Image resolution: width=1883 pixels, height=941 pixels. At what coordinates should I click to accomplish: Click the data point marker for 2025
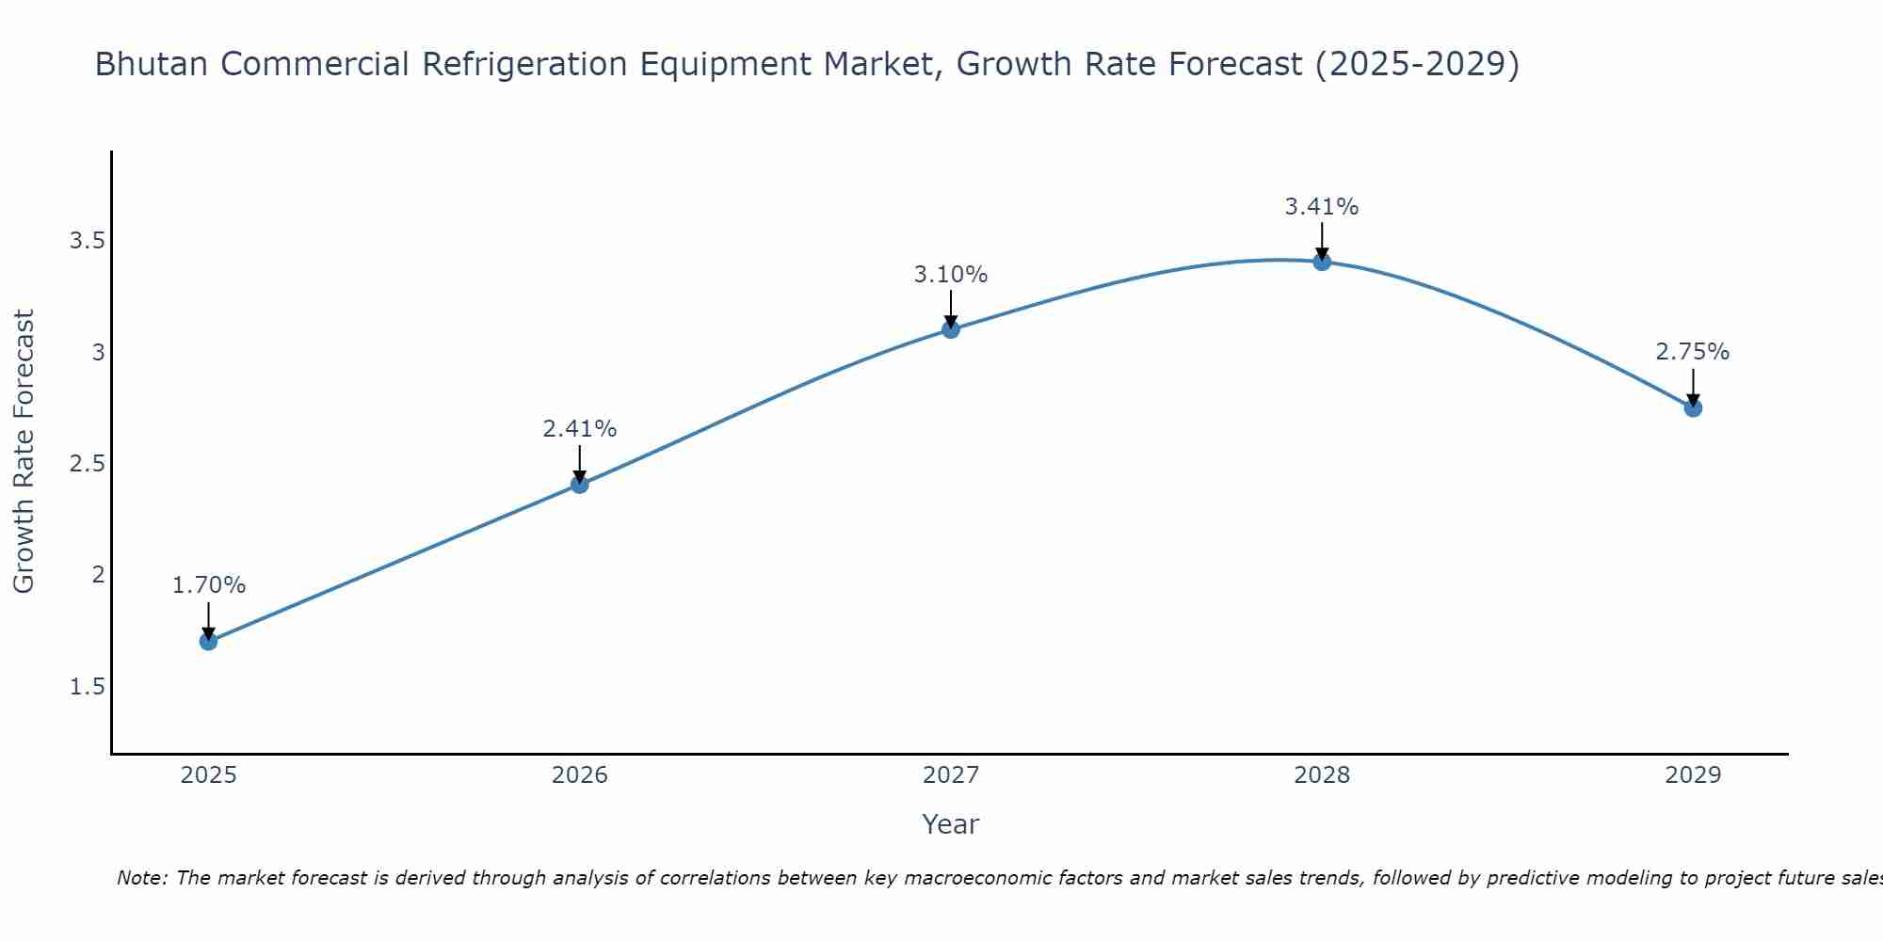[x=208, y=642]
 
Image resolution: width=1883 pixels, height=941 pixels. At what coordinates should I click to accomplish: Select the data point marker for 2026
[x=580, y=485]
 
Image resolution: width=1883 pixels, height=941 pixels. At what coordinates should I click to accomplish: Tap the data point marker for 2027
[x=951, y=329]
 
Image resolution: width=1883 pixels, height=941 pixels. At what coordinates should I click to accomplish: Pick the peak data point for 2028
[x=1322, y=262]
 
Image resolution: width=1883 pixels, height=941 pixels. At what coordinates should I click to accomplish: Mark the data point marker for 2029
[x=1693, y=408]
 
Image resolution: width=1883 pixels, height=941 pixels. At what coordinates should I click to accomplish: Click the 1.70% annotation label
[x=208, y=585]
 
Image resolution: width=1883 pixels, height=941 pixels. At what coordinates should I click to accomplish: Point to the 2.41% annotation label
[x=580, y=429]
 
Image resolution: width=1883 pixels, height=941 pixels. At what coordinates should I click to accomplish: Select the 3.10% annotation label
[x=951, y=275]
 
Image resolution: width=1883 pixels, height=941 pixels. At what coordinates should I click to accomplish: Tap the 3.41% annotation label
[x=1322, y=207]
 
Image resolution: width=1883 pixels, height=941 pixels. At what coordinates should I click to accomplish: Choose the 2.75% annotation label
[x=1693, y=352]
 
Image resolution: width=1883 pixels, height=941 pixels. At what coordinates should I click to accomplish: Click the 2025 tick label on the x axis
[x=208, y=775]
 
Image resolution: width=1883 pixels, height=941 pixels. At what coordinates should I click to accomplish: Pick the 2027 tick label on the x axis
[x=951, y=775]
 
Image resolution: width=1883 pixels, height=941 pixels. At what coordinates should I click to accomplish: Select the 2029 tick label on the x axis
[x=1693, y=775]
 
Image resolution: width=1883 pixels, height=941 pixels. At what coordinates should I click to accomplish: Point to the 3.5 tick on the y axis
[x=87, y=242]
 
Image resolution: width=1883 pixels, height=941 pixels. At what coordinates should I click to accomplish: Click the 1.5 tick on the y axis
[x=87, y=687]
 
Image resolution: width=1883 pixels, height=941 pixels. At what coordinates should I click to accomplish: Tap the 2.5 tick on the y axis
[x=87, y=464]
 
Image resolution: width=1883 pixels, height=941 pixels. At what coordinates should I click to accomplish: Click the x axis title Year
[x=951, y=824]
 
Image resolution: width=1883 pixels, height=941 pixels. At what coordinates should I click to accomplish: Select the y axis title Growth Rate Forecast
[x=24, y=451]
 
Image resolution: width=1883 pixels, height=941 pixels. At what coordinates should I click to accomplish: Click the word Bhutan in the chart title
[x=153, y=64]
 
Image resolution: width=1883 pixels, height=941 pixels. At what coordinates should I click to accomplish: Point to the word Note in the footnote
[x=141, y=878]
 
